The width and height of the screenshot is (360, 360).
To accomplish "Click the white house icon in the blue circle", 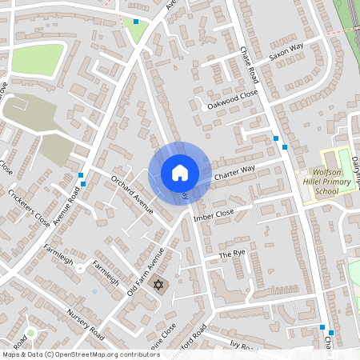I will point(179,172).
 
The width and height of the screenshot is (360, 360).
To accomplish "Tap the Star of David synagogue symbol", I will point(158,286).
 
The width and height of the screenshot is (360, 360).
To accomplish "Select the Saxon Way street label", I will point(286,54).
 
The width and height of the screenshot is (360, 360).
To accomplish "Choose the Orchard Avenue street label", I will point(132,194).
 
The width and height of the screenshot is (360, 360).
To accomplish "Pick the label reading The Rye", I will point(232,254).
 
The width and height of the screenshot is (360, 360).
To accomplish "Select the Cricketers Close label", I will point(29,209).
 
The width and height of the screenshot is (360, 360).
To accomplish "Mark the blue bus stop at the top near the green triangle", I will point(136,22).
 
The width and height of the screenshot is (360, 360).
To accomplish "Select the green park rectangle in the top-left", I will point(37,58).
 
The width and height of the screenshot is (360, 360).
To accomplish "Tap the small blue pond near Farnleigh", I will point(94,290).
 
